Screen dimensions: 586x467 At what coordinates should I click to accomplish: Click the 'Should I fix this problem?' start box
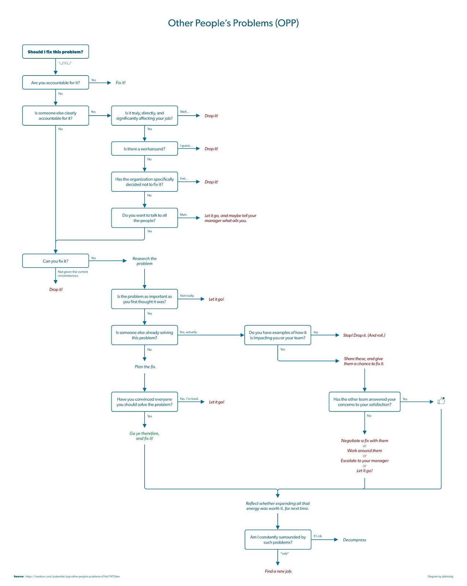[x=55, y=52]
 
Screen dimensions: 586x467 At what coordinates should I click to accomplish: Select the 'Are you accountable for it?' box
[x=55, y=83]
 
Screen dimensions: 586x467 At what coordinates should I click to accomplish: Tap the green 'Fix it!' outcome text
[x=121, y=83]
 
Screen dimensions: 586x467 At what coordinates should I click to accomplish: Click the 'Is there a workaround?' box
[x=144, y=149]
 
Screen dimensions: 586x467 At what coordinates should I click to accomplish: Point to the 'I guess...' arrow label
[x=186, y=146]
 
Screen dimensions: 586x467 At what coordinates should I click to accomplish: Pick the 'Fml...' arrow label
[x=184, y=179]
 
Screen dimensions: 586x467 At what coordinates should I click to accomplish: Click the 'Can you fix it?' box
[x=55, y=261]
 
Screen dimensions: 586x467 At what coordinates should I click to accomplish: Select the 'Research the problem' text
[x=144, y=261]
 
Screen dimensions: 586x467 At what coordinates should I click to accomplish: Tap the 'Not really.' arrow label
[x=187, y=296]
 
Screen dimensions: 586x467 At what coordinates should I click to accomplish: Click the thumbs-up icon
[x=441, y=401]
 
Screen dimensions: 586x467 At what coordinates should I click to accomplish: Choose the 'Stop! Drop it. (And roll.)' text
[x=364, y=335]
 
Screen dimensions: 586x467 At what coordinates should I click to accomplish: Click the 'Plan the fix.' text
[x=145, y=367]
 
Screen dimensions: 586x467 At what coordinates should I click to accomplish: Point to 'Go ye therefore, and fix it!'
[x=144, y=436]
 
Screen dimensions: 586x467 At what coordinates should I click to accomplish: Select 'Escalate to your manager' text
[x=364, y=461]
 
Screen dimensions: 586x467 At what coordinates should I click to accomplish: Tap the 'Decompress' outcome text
[x=354, y=540]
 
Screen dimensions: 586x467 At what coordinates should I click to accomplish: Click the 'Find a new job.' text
[x=278, y=571]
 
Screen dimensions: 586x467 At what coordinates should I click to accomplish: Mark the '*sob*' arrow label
[x=284, y=553]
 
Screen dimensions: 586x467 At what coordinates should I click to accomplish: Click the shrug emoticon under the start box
[x=65, y=63]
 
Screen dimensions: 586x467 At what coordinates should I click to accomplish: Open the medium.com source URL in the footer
[x=73, y=576]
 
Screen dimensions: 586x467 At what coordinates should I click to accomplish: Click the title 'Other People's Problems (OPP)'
[x=233, y=23]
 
